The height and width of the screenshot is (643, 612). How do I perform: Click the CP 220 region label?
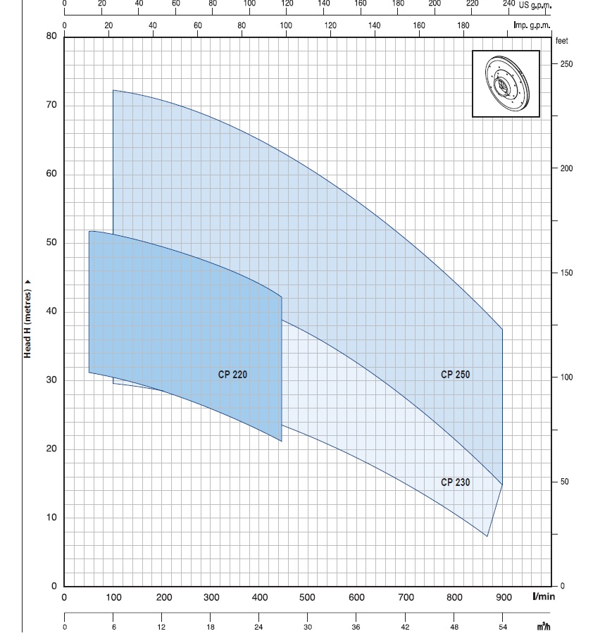[x=232, y=375]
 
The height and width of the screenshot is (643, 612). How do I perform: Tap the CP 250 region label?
[x=455, y=375]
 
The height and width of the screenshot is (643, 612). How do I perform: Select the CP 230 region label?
[x=455, y=482]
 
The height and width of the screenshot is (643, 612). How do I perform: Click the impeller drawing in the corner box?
[x=506, y=84]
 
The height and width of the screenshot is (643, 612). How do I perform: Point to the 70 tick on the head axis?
[x=51, y=106]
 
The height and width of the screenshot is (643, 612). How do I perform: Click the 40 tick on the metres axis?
[x=51, y=312]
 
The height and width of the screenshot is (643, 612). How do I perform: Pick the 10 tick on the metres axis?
[x=51, y=518]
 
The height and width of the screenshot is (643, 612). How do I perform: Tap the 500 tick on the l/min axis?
[x=307, y=598]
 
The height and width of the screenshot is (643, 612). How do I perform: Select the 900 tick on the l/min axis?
[x=503, y=598]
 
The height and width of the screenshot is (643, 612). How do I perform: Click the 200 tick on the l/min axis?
[x=163, y=598]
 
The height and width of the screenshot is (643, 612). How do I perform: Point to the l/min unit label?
[x=544, y=597]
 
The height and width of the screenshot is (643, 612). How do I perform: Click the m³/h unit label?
[x=543, y=627]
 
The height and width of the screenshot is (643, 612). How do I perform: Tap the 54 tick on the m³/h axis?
[x=503, y=627]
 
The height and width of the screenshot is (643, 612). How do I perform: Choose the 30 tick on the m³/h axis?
[x=308, y=627]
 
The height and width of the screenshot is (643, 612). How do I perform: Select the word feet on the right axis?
[x=561, y=41]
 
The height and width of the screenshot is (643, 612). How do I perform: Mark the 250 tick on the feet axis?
[x=566, y=64]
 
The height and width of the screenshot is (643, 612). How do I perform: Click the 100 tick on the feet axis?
[x=566, y=377]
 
